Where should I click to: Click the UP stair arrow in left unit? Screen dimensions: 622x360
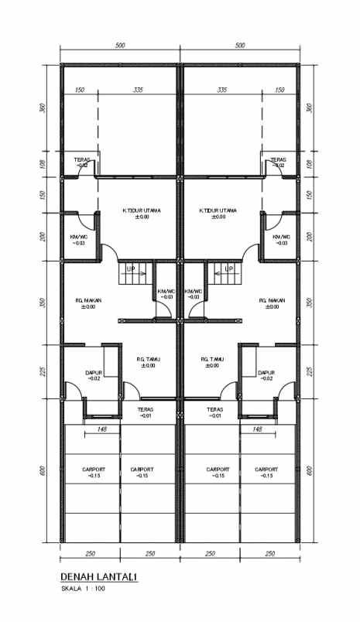coord(129,269)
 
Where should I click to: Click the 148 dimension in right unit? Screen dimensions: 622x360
coord(258,429)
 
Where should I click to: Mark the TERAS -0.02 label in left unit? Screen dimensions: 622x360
coord(82,162)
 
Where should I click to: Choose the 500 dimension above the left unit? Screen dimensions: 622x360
coord(120,46)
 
